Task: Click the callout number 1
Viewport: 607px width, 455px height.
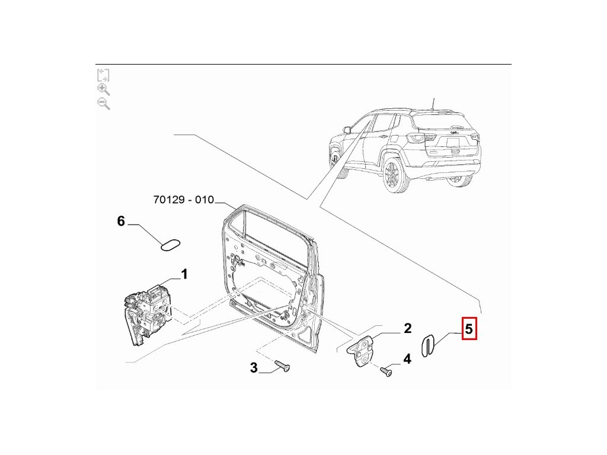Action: [184, 274]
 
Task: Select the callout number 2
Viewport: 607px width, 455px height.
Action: [407, 328]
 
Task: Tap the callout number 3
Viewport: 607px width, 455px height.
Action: [254, 368]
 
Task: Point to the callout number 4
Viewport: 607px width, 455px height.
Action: [407, 358]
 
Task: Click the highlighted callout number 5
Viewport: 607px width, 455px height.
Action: [469, 329]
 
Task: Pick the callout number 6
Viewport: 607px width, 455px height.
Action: [121, 221]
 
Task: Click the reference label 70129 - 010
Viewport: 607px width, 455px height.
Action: [183, 200]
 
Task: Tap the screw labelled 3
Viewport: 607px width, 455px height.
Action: [283, 366]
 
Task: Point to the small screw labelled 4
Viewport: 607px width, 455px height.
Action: [387, 372]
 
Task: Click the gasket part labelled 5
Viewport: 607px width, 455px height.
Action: [427, 345]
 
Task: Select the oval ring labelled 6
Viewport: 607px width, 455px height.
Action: [171, 244]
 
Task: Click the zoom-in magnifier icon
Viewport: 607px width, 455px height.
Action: [103, 89]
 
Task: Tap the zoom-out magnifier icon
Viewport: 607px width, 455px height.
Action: [103, 104]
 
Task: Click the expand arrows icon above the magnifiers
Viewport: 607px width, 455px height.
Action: [103, 75]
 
